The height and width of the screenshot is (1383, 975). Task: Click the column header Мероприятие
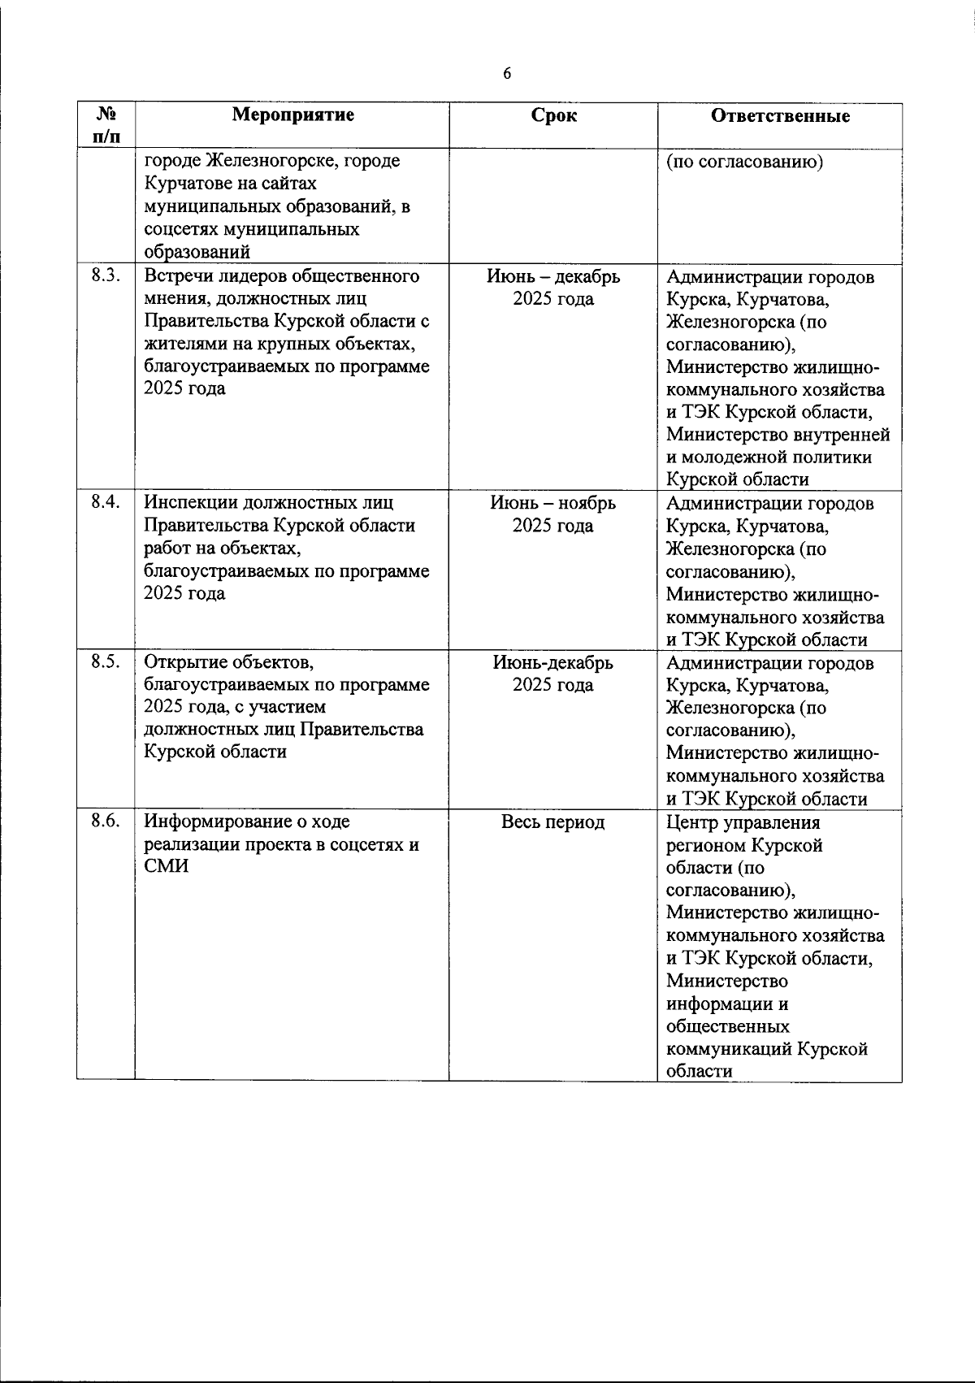click(292, 115)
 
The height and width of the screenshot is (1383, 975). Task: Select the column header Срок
click(553, 115)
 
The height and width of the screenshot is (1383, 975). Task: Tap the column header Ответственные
click(780, 115)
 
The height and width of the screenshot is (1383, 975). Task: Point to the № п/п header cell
click(106, 125)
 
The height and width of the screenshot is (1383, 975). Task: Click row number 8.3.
click(106, 275)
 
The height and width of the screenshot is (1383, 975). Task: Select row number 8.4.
click(106, 502)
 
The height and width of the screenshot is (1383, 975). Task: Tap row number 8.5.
click(106, 661)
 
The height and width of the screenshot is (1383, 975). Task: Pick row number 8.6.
click(106, 821)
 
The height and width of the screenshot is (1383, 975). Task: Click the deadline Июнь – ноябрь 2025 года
click(553, 514)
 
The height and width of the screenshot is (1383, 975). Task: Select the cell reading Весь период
click(553, 822)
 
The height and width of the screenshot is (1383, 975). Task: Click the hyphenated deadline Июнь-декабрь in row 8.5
click(553, 662)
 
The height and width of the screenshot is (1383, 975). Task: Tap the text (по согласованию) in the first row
click(745, 161)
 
